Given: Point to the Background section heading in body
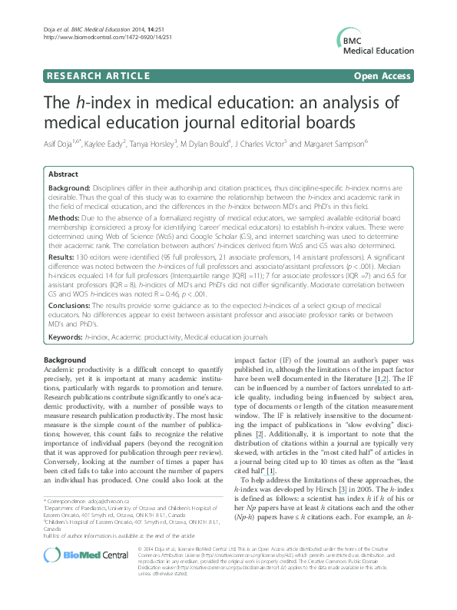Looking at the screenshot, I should [x=65, y=360].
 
